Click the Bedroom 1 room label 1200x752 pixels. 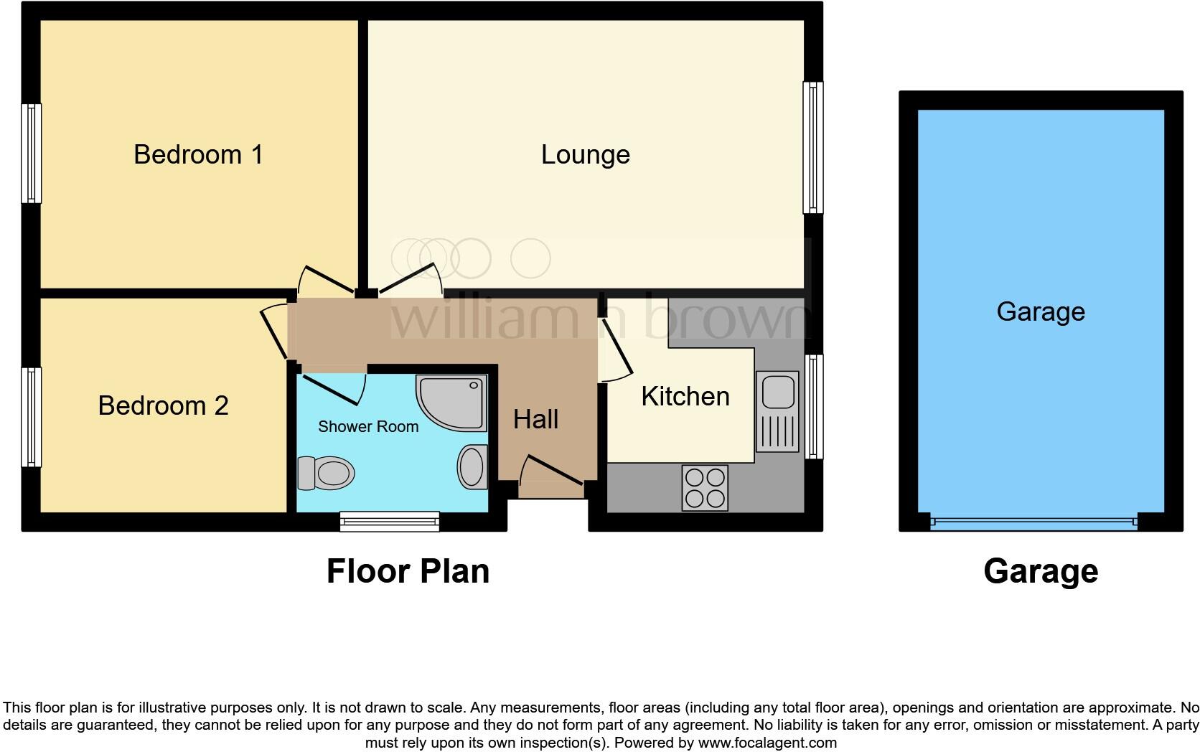pos(198,154)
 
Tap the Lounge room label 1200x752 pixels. pos(585,154)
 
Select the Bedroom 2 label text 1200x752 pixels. pos(163,405)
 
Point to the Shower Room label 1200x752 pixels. pos(367,426)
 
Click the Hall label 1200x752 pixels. pos(535,419)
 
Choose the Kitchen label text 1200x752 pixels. pos(685,396)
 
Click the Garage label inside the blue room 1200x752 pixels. pos(1040,311)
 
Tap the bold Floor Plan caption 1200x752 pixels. pos(408,571)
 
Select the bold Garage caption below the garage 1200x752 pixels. pos(1040,571)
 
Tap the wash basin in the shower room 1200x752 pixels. pos(472,466)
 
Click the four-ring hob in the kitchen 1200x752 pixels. pos(704,488)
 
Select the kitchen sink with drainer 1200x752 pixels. pos(777,411)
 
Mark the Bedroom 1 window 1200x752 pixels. pos(31,153)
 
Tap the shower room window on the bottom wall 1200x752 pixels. pos(389,522)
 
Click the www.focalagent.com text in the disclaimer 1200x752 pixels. pos(767,743)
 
